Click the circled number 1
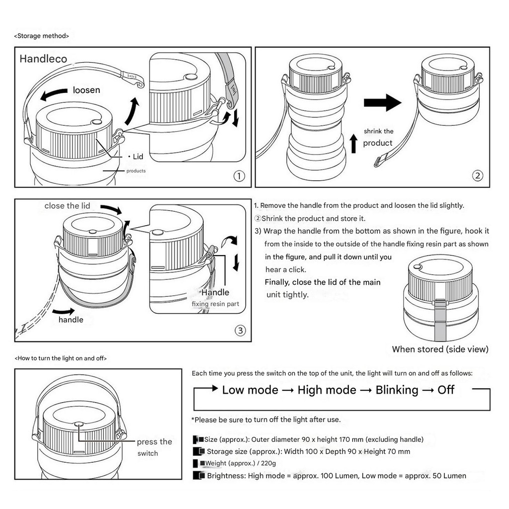coord(239,176)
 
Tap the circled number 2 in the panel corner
coord(477,175)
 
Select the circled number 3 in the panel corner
coord(240,330)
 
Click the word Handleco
coord(43,59)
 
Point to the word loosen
coord(86,90)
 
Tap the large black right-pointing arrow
coord(382,103)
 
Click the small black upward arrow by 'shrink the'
coord(353,143)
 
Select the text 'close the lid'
coord(67,206)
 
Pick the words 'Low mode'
coord(250,390)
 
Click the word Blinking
coord(397,390)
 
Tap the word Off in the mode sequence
coord(446,390)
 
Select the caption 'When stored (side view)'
coord(440,349)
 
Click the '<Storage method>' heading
coord(42,36)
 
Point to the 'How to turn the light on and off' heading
coord(61,358)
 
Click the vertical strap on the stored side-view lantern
coord(440,318)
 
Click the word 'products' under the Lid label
coord(136,171)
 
